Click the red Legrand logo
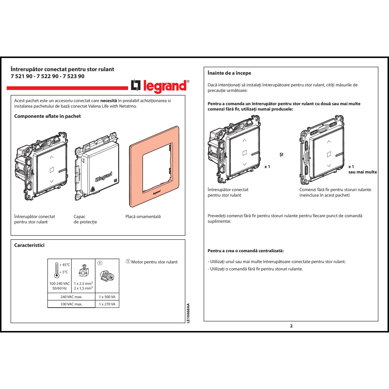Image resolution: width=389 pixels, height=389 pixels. (x=160, y=86)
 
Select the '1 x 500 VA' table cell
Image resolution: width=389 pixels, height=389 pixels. (x=107, y=297)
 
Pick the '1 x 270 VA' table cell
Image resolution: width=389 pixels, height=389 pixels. (x=107, y=304)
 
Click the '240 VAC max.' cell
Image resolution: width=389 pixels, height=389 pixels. (x=71, y=297)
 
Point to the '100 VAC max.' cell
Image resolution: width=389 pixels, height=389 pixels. (x=71, y=304)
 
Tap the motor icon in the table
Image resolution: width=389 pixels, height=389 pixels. (x=107, y=276)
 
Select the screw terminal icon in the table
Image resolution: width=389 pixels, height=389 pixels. (x=83, y=271)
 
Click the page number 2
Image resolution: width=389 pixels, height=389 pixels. (x=291, y=326)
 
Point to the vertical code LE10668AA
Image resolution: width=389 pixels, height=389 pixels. (x=188, y=313)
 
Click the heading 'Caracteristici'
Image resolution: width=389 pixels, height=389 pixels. (x=29, y=245)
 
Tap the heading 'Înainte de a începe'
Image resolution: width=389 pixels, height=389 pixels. (x=229, y=73)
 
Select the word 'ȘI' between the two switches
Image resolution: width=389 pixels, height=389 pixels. (x=281, y=155)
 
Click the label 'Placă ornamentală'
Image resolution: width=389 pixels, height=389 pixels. (x=143, y=217)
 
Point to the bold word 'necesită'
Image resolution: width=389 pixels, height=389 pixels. (x=108, y=101)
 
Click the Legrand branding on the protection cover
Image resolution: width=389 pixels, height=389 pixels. (x=104, y=177)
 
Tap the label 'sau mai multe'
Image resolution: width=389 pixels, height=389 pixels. (x=363, y=172)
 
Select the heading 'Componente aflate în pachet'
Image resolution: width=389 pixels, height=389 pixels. (x=47, y=116)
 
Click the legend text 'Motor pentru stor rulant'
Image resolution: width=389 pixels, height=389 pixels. (x=154, y=262)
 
